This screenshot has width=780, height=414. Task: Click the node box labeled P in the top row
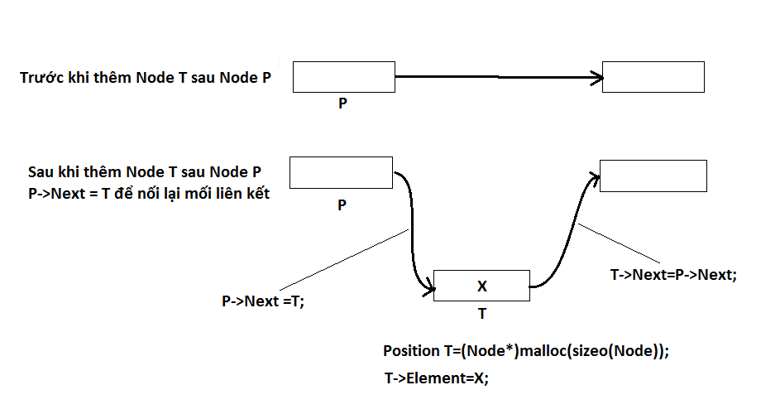click(x=343, y=76)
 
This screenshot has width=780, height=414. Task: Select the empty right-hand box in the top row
click(x=653, y=76)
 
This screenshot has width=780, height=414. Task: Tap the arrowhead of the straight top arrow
click(x=597, y=79)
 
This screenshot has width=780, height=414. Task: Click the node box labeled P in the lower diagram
click(x=341, y=173)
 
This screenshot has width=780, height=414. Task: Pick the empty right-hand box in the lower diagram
click(x=653, y=176)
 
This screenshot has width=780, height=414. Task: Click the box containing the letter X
click(x=481, y=286)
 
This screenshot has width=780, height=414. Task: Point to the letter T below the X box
click(x=482, y=315)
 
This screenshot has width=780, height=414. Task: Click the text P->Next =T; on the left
click(x=263, y=301)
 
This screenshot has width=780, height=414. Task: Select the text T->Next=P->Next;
click(x=672, y=275)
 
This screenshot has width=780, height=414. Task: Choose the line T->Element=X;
click(x=437, y=378)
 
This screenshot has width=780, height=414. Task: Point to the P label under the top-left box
click(x=342, y=105)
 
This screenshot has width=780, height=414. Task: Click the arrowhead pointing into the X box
click(x=428, y=289)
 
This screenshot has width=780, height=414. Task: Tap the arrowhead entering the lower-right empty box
click(x=594, y=176)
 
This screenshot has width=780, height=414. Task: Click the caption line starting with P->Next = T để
click(x=149, y=195)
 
